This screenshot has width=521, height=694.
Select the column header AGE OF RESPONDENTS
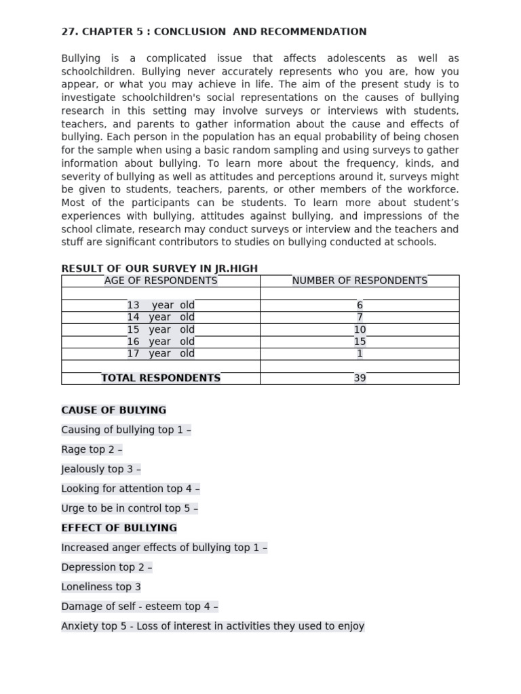[161, 281]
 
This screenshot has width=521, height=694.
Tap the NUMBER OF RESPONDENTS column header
[360, 281]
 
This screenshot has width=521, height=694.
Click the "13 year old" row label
[161, 305]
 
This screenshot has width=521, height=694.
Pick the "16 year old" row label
[161, 342]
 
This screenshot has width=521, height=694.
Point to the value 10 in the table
[360, 329]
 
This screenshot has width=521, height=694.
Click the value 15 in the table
[360, 342]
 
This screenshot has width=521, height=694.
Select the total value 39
[360, 378]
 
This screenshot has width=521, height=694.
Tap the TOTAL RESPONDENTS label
[161, 378]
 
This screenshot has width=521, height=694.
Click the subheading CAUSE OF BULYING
[113, 410]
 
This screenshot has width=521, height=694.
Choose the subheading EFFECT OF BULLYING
[119, 527]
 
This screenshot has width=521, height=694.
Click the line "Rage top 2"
[92, 449]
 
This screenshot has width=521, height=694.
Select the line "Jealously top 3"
[101, 469]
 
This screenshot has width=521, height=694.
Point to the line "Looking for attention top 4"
[130, 489]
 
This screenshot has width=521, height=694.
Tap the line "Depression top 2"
[107, 567]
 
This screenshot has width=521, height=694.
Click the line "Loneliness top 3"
[101, 587]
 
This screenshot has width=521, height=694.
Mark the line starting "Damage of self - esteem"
[139, 607]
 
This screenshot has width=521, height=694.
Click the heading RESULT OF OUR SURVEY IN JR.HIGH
[159, 268]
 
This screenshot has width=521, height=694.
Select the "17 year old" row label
[161, 353]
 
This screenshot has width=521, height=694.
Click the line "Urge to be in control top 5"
[130, 508]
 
